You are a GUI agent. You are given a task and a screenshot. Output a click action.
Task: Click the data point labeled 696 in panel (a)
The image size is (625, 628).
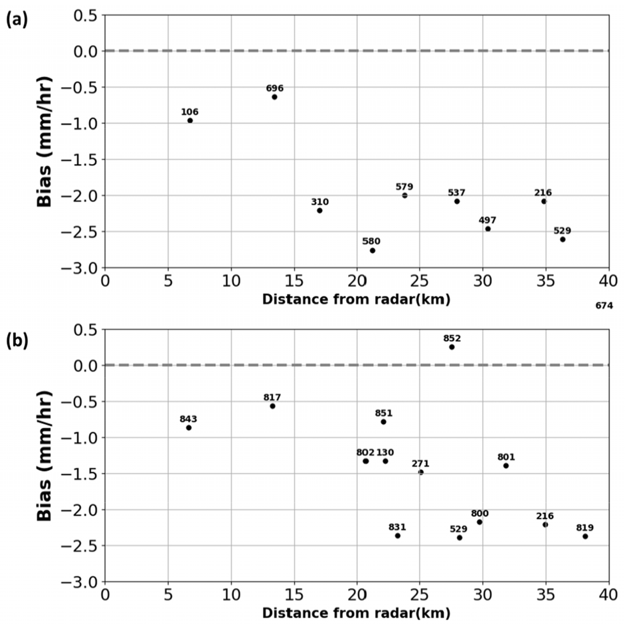pyautogui.click(x=274, y=97)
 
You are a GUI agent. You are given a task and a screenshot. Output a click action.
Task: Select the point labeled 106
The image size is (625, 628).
pyautogui.click(x=190, y=120)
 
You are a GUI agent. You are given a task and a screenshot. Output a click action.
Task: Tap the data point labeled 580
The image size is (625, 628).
pyautogui.click(x=373, y=251)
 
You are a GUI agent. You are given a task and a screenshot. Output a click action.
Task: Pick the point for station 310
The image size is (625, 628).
pyautogui.click(x=319, y=211)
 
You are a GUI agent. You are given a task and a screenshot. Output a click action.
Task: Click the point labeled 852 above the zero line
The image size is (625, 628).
pyautogui.click(x=452, y=347)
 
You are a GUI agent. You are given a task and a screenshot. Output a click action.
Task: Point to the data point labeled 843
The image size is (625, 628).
pyautogui.click(x=189, y=427)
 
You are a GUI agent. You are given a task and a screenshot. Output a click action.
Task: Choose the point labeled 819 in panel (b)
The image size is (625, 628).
pyautogui.click(x=585, y=536)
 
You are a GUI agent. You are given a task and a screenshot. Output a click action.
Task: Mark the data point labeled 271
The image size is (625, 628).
pyautogui.click(x=420, y=472)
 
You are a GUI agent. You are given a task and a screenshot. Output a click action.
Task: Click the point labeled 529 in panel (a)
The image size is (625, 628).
pyautogui.click(x=563, y=239)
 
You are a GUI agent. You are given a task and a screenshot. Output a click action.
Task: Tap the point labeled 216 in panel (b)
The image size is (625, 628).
pyautogui.click(x=545, y=524)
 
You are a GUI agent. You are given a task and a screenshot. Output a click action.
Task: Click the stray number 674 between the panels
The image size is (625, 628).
pyautogui.click(x=604, y=306)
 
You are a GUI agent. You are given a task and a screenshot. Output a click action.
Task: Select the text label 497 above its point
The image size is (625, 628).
pyautogui.click(x=487, y=220)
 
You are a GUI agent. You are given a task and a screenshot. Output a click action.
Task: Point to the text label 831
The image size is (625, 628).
pyautogui.click(x=397, y=527)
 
